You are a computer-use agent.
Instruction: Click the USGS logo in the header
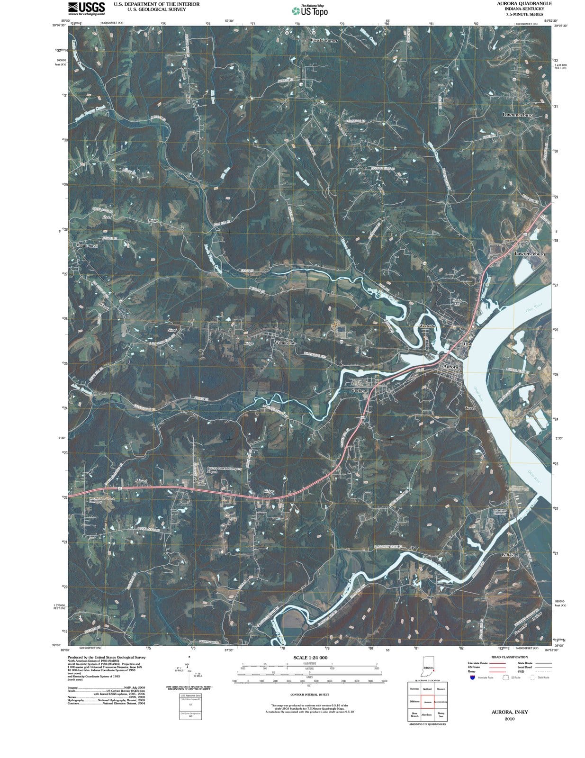87,8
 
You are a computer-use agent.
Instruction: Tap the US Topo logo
310,11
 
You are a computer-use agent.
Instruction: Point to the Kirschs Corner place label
324,41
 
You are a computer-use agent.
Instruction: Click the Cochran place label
360,390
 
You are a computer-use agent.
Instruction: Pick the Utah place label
468,344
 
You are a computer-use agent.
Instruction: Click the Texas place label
469,408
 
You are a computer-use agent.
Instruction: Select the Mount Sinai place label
86,245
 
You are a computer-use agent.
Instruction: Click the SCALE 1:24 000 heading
310,658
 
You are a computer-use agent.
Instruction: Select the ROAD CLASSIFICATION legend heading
509,657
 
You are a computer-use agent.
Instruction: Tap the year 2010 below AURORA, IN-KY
509,718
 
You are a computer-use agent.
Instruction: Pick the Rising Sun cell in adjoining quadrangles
441,714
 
